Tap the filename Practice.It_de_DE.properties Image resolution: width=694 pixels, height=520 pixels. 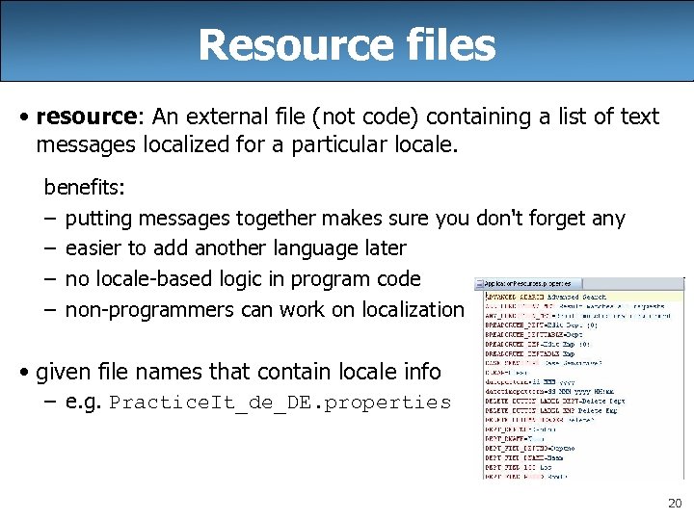pos(280,403)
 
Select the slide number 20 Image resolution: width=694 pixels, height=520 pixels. pos(673,504)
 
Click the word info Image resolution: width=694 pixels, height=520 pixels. pos(420,371)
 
